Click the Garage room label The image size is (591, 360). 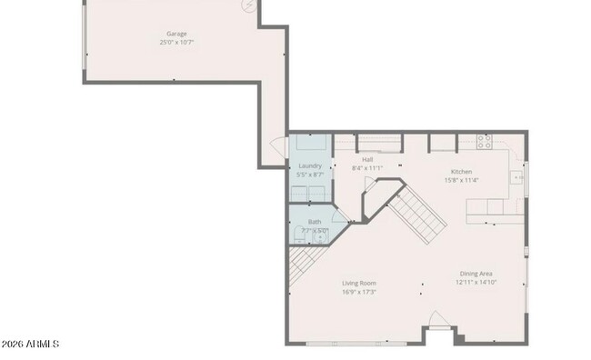click(x=176, y=34)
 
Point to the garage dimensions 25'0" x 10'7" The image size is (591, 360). click(x=176, y=42)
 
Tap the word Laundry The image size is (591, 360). click(x=310, y=165)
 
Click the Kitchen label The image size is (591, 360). click(x=462, y=171)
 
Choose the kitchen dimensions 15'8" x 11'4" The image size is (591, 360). click(x=462, y=180)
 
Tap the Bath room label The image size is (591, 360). click(x=315, y=222)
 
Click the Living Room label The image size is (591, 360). click(x=359, y=283)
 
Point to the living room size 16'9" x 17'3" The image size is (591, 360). click(x=359, y=292)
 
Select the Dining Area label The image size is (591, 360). click(x=476, y=274)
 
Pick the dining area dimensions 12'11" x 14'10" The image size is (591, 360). click(x=476, y=283)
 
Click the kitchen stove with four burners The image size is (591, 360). click(x=484, y=142)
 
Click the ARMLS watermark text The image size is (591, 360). click(x=31, y=344)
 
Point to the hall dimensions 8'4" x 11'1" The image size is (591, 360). click(x=367, y=168)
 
